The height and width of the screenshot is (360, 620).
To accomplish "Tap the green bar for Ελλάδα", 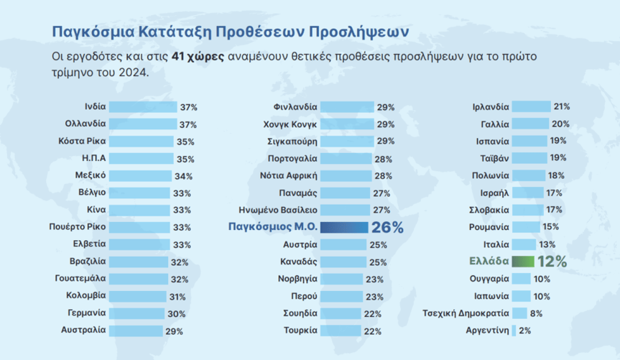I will click(523, 262).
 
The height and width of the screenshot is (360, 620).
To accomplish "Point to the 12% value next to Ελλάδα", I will click(552, 262).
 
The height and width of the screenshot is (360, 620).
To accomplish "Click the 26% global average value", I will click(387, 227).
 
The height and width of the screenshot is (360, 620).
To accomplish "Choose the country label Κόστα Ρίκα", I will click(81, 141).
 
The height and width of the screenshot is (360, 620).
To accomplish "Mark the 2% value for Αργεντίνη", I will click(524, 331).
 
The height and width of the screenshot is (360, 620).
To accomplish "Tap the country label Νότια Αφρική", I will click(287, 175).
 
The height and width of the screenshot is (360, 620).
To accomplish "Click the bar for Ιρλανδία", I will click(531, 106).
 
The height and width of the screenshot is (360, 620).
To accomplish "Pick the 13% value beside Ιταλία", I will click(547, 244).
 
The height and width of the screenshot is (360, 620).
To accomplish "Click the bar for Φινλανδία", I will click(348, 106).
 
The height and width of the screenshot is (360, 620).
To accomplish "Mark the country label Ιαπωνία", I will click(491, 296).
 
